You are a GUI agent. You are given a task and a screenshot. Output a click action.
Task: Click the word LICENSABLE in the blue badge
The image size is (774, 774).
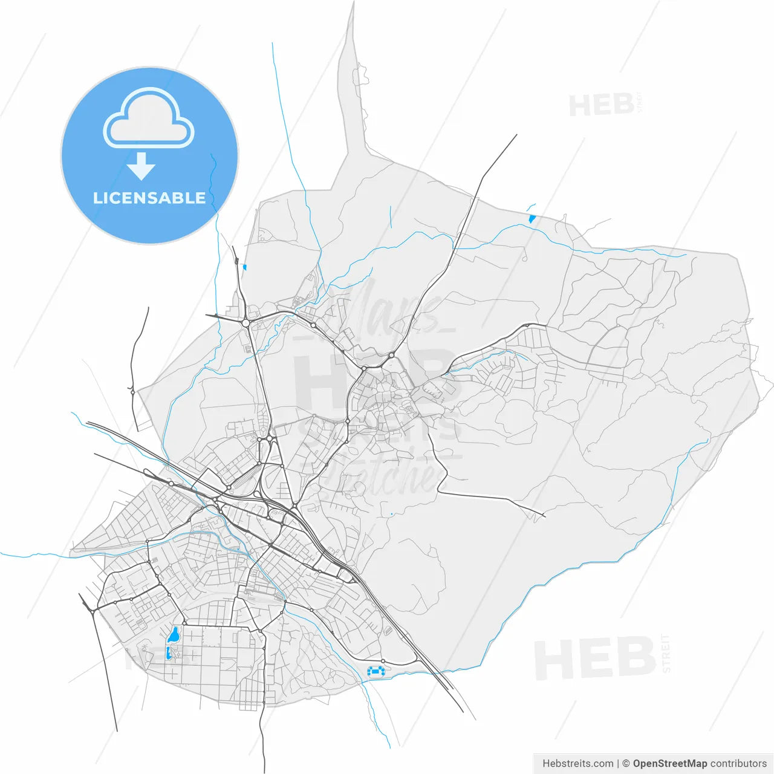click(149, 198)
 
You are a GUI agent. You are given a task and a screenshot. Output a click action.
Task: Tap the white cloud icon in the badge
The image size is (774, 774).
click(149, 119)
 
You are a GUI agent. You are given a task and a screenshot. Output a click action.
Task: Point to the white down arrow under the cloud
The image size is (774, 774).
click(141, 166)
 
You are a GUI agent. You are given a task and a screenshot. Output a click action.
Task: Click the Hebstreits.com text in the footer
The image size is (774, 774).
click(577, 764)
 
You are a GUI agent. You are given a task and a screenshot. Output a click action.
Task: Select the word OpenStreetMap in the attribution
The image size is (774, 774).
click(670, 764)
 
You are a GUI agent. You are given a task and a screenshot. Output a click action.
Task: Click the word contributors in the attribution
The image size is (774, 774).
click(738, 764)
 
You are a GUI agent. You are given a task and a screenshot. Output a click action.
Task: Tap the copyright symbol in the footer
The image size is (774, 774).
click(626, 764)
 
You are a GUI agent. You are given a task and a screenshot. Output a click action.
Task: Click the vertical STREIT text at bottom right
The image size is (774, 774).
click(666, 654)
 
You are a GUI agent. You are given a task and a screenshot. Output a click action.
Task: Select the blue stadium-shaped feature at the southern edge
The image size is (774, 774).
click(376, 671)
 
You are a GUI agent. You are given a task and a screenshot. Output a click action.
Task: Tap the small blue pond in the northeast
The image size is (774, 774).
click(532, 218)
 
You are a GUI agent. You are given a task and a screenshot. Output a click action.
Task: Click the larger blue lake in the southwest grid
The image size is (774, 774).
click(174, 635)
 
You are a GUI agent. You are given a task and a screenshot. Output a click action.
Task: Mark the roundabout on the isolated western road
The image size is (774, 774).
click(132, 392)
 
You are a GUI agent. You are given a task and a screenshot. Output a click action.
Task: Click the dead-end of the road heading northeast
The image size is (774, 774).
click(517, 135)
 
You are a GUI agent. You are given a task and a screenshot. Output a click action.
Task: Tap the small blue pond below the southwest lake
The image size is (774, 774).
click(167, 652)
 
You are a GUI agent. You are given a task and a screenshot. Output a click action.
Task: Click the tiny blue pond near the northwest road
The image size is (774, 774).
click(244, 267)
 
